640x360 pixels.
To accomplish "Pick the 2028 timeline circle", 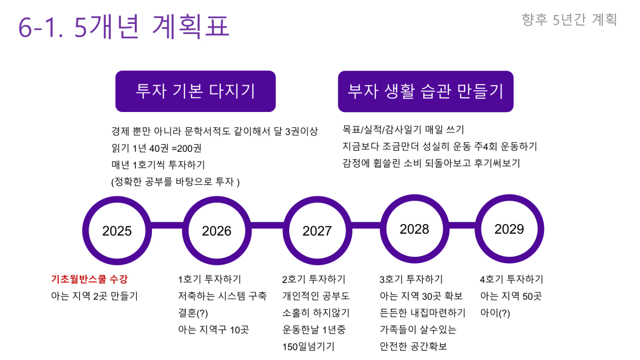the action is click(415, 198).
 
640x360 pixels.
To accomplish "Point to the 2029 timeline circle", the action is click(509, 198).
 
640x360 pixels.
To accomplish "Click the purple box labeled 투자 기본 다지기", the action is click(195, 91).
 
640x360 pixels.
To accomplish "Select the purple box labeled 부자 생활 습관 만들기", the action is click(426, 91).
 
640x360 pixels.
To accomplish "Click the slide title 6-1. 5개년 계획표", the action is click(124, 27).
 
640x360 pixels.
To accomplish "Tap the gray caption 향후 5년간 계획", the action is click(569, 20).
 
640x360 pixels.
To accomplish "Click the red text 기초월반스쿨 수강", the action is click(89, 279).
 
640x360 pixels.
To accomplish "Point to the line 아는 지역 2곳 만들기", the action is click(95, 296).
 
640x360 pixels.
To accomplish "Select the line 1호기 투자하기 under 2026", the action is click(210, 279).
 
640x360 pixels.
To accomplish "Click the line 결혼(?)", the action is click(193, 313).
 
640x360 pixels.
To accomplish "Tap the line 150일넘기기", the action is click(308, 347).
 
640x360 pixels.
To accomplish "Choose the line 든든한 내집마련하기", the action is click(423, 313).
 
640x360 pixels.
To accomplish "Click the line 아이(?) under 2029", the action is click(495, 313).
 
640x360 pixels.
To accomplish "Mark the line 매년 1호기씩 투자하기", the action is click(158, 165).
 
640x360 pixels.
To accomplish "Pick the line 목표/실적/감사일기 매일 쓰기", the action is click(403, 130).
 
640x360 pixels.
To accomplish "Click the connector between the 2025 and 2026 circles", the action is click(167, 225).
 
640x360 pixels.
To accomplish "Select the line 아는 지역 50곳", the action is click(511, 296).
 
